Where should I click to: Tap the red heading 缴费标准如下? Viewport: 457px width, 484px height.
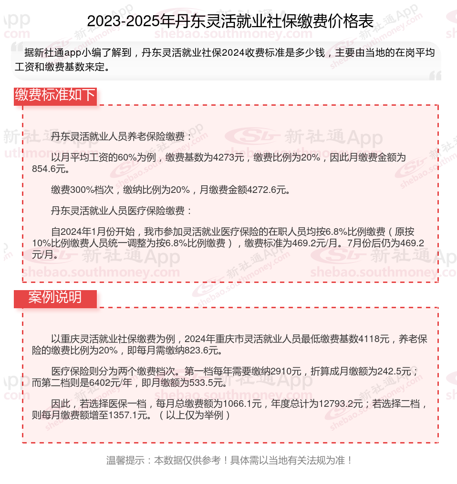(55, 95)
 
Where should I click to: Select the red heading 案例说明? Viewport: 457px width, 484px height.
(55, 298)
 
